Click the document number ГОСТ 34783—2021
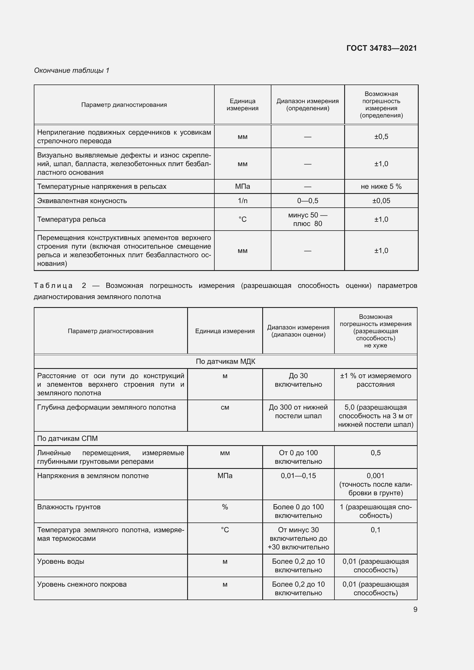coord(381,48)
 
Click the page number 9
coord(415,609)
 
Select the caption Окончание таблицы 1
coord(72,70)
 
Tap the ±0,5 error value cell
coord(381,137)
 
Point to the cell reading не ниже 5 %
coord(381,186)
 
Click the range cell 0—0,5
coord(307,201)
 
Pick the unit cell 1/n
coord(242,201)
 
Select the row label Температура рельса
coord(71,219)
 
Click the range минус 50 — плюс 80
coord(307,219)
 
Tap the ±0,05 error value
coord(381,201)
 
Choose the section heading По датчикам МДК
coord(225,361)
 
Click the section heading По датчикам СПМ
coord(67,439)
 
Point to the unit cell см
coord(225,407)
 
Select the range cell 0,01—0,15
coord(298,476)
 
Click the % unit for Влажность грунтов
coord(225,507)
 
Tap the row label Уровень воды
coord(61,561)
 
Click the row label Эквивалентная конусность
coord(82,201)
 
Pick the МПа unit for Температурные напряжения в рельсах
coord(242,186)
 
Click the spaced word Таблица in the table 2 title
coord(53,286)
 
